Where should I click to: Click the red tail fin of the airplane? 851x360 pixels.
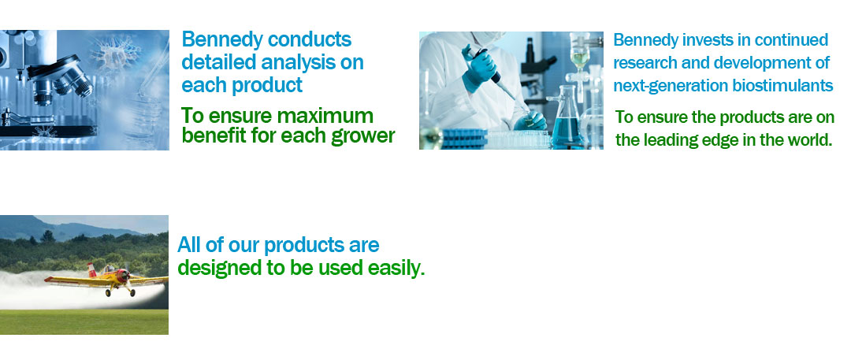pyautogui.click(x=91, y=269)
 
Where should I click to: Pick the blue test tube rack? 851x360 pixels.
pyautogui.click(x=465, y=139)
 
